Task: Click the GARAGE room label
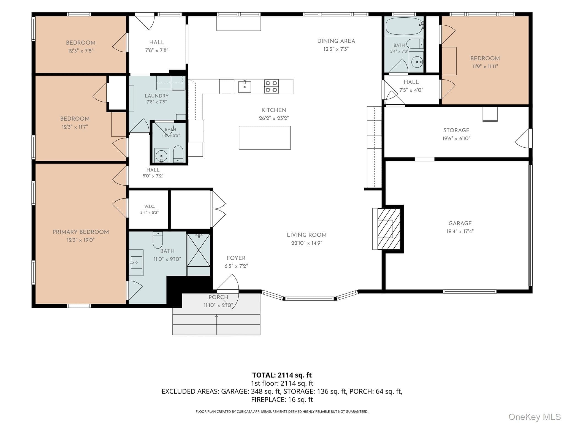[460, 223]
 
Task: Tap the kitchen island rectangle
[265, 138]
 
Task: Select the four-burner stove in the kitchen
[271, 86]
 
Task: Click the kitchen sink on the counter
[245, 86]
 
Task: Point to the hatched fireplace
[389, 229]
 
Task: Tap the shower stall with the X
[199, 250]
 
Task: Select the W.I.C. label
[150, 206]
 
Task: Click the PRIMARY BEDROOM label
[81, 232]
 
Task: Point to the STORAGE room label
[456, 130]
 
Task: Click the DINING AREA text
[336, 41]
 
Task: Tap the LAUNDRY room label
[157, 96]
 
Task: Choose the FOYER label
[236, 258]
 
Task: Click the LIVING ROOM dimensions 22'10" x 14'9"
[307, 243]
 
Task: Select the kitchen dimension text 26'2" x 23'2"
[274, 118]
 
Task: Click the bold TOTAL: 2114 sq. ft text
[282, 375]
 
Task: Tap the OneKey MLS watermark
[535, 417]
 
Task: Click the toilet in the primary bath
[158, 240]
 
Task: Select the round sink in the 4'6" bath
[161, 156]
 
